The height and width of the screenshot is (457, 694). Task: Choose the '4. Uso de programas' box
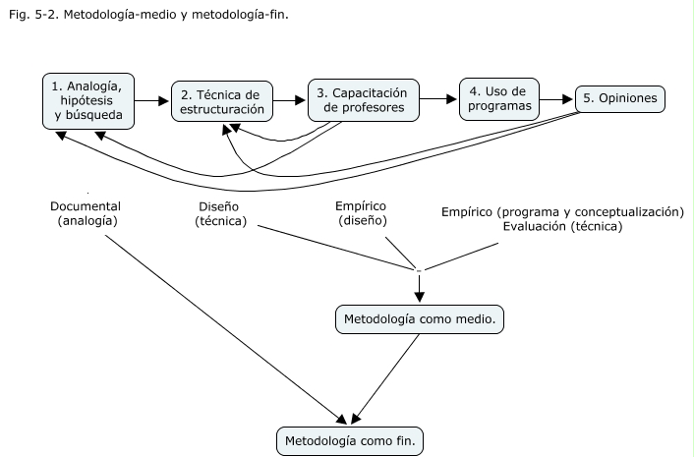pyautogui.click(x=499, y=98)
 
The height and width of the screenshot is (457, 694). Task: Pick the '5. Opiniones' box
pyautogui.click(x=620, y=99)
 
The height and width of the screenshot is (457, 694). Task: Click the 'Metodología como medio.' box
pyautogui.click(x=422, y=320)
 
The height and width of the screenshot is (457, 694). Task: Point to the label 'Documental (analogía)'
pyautogui.click(x=86, y=214)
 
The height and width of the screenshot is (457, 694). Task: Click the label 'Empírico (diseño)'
pyautogui.click(x=362, y=214)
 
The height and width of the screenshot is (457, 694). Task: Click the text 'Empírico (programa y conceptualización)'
pyautogui.click(x=561, y=211)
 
